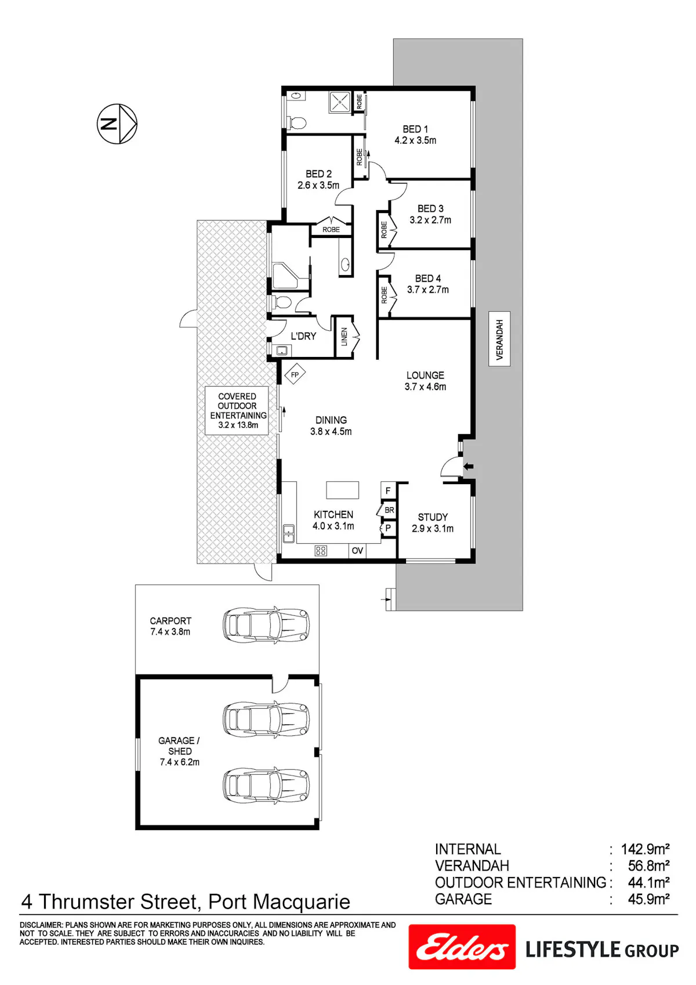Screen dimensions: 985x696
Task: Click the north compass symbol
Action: (117, 124)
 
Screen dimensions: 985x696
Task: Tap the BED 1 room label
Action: (415, 129)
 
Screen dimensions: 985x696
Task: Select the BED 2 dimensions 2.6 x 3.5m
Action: (318, 185)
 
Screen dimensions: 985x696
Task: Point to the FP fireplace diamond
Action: (295, 375)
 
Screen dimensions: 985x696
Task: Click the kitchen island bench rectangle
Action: (342, 490)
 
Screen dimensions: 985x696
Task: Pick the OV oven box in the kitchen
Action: (357, 550)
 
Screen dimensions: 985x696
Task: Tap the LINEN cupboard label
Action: (344, 337)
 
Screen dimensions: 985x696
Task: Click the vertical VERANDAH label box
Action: (499, 340)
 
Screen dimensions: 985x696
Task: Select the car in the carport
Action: (266, 625)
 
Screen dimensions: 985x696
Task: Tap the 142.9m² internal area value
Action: (645, 849)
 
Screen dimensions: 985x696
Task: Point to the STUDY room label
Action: (433, 517)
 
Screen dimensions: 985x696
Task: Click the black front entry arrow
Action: (469, 466)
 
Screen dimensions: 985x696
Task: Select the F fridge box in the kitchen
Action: (388, 490)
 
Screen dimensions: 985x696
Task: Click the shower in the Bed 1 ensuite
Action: (339, 102)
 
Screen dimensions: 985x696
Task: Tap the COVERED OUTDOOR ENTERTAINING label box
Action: (237, 410)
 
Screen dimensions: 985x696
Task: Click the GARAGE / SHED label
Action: (179, 745)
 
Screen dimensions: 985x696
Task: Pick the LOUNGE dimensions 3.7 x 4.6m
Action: (425, 387)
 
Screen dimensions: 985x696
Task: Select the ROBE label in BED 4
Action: (384, 295)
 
